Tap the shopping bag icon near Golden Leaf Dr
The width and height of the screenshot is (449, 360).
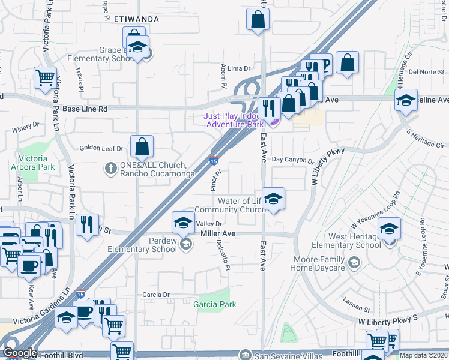point(142,147)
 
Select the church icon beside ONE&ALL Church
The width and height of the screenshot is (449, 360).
point(110,169)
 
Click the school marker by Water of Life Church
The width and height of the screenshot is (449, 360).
point(273,200)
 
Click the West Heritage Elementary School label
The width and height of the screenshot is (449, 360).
point(347,241)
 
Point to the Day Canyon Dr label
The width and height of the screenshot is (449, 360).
point(292,160)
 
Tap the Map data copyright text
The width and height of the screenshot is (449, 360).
point(423,355)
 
